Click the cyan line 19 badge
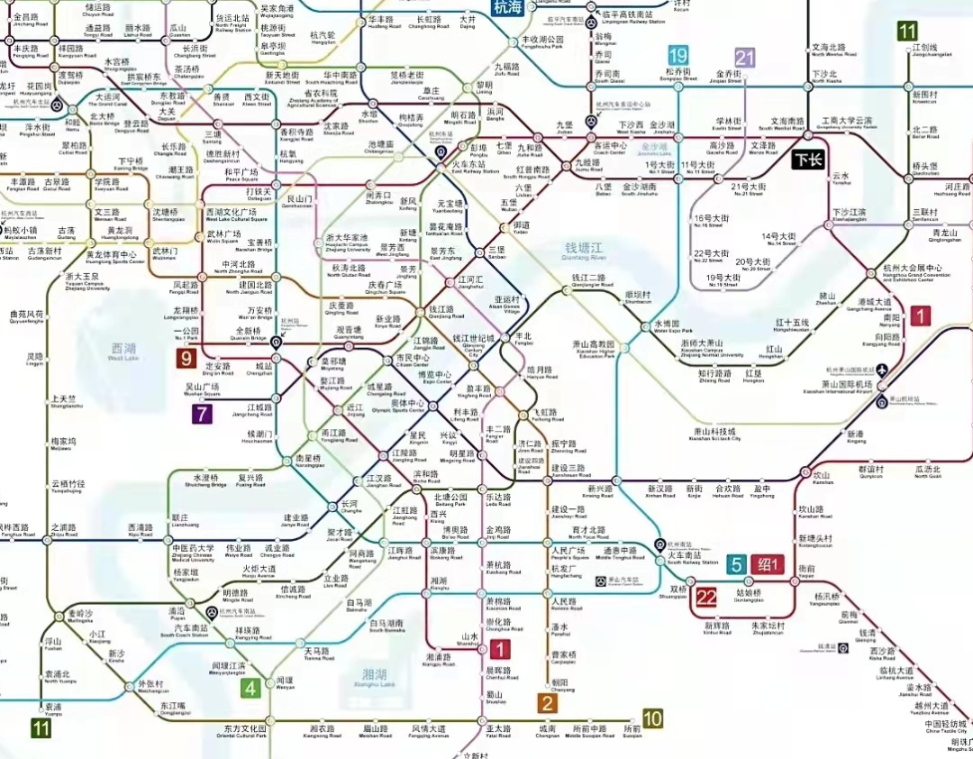pyautogui.click(x=678, y=55)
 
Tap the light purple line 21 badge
pyautogui.click(x=744, y=59)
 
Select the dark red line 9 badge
pyautogui.click(x=187, y=359)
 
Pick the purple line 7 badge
pyautogui.click(x=201, y=415)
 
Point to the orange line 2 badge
pyautogui.click(x=547, y=702)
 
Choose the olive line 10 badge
pyautogui.click(x=653, y=718)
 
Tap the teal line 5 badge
pyautogui.click(x=737, y=564)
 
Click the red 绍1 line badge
pyautogui.click(x=768, y=564)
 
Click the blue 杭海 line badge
pyautogui.click(x=507, y=7)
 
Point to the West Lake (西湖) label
pyautogui.click(x=123, y=351)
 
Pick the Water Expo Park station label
pyautogui.click(x=668, y=326)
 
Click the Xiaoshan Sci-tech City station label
pyautogui.click(x=716, y=434)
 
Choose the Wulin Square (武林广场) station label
pyautogui.click(x=224, y=237)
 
